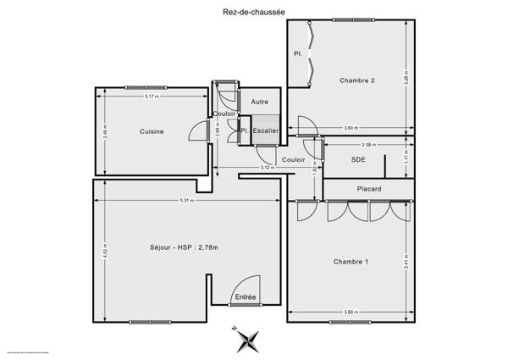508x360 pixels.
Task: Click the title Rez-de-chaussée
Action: click(x=253, y=10)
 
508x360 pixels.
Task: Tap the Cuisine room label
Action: click(x=152, y=131)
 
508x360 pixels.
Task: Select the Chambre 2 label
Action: click(x=356, y=80)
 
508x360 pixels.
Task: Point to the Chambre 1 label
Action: click(x=351, y=261)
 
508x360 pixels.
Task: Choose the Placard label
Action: click(x=368, y=189)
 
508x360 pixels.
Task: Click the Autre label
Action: click(x=260, y=102)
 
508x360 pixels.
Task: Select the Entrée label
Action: click(x=245, y=297)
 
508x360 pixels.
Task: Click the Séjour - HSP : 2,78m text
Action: click(x=183, y=247)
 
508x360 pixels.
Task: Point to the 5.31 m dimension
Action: click(x=185, y=201)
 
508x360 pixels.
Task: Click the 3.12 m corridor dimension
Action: click(x=265, y=168)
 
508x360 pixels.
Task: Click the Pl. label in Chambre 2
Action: click(x=298, y=53)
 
